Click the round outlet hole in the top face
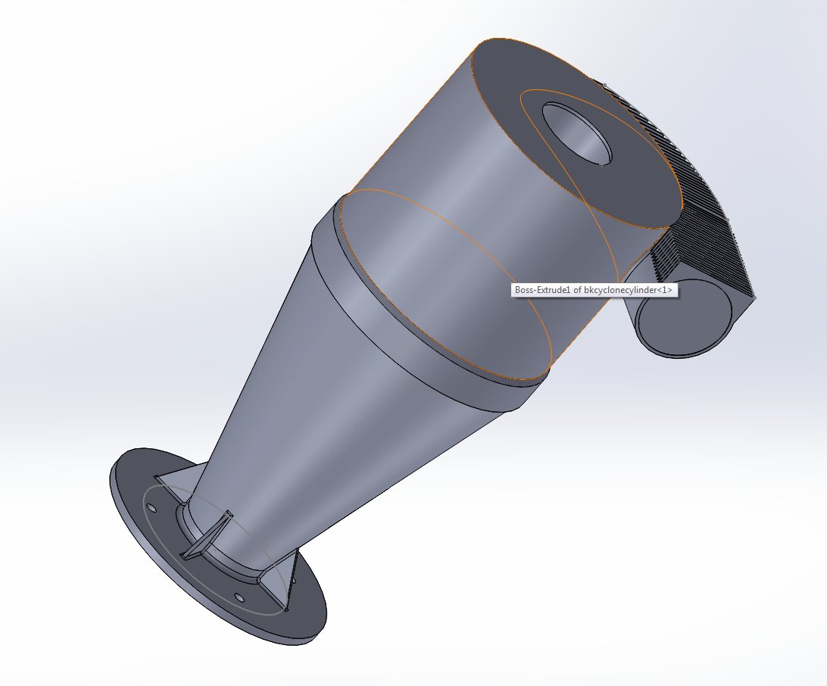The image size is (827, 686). (577, 133)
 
